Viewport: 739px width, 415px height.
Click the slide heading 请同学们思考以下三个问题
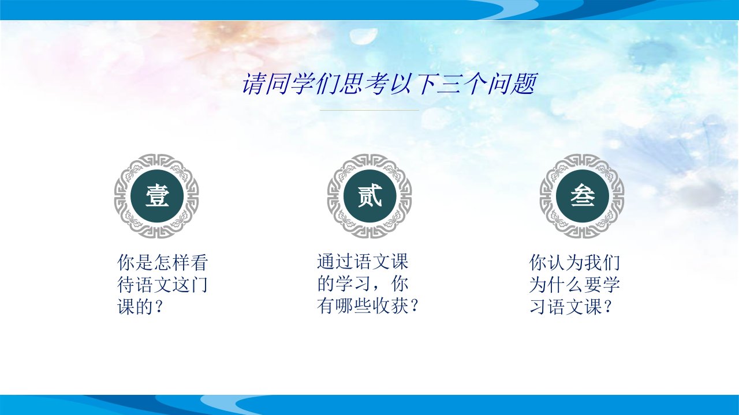pos(389,84)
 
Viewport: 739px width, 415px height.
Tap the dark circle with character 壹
pos(156,196)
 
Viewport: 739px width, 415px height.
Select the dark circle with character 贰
pos(369,196)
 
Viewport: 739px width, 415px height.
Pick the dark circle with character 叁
pos(582,196)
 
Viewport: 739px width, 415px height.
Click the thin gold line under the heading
pos(369,110)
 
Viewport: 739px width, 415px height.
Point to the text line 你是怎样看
pos(163,262)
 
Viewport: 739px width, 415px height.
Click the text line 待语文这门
pos(163,285)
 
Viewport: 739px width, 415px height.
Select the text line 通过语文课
pos(363,262)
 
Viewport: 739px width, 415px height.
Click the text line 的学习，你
pos(363,284)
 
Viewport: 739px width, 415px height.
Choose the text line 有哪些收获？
pos(368,306)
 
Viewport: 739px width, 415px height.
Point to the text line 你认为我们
pos(574,262)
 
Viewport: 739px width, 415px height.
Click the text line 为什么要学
pos(574,285)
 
